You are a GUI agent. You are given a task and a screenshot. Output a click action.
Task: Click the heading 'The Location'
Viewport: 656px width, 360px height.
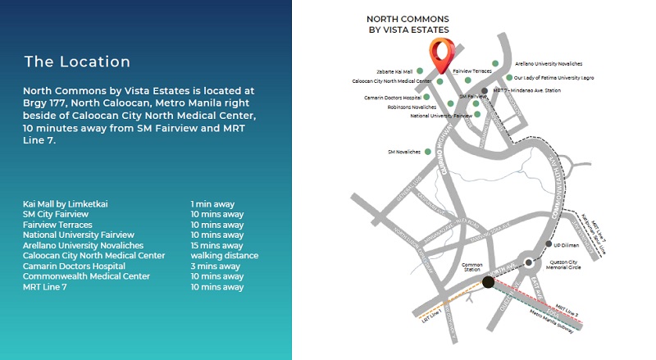tap(77, 62)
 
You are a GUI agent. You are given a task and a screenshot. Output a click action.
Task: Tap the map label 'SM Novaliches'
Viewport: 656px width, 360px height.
tap(403, 152)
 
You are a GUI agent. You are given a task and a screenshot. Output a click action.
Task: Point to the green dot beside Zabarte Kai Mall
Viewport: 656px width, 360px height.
tap(420, 71)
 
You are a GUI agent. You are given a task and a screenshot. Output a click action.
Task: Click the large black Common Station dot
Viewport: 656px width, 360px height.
tap(488, 282)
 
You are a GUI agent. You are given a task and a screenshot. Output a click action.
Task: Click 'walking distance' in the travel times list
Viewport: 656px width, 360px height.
tap(224, 256)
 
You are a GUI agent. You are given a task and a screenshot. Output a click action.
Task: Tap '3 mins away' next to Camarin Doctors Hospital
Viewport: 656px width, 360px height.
tap(215, 267)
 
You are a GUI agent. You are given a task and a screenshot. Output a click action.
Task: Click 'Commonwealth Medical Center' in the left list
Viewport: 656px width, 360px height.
tap(86, 276)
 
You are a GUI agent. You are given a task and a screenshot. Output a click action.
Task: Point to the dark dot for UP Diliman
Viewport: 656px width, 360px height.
tap(549, 244)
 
